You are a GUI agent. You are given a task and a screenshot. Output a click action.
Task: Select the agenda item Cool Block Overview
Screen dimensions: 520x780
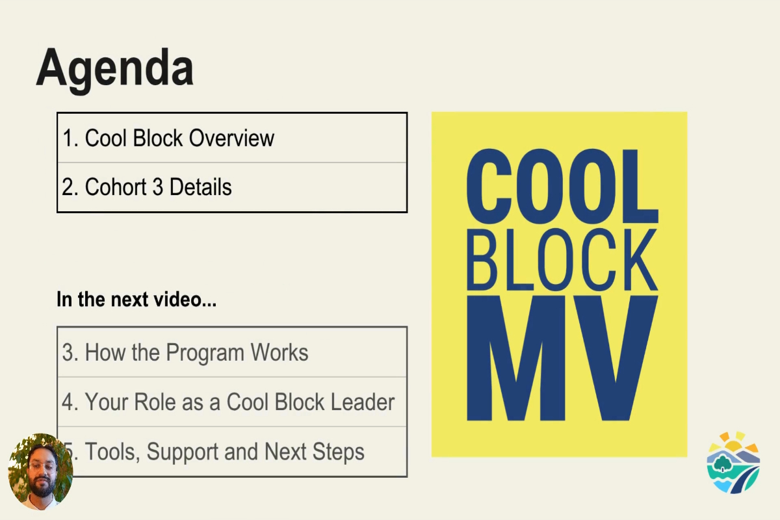coord(168,138)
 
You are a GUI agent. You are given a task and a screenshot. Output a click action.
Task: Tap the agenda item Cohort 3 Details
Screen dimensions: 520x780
coord(147,187)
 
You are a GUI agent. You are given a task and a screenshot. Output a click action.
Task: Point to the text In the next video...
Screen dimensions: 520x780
coord(136,300)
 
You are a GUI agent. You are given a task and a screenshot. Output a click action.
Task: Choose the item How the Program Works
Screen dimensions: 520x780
coord(185,352)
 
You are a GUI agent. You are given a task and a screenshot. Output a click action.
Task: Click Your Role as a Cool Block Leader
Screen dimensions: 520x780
coord(228,402)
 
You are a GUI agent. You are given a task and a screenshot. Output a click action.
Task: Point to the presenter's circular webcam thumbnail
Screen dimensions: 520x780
coord(40,471)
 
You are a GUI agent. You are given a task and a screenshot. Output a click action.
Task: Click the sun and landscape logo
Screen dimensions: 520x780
coord(733,462)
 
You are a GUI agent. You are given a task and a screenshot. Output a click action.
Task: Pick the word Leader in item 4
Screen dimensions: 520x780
coord(362,402)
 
